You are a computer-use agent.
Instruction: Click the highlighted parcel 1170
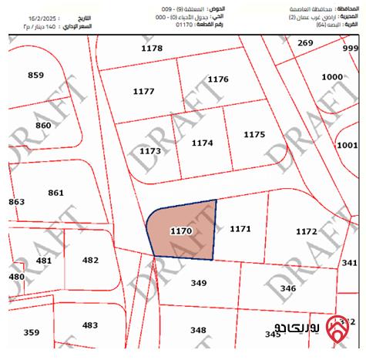tap(181, 230)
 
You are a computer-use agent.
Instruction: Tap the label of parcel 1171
tap(240, 229)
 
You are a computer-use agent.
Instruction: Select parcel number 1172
tap(307, 231)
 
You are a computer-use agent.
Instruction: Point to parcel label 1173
tap(150, 151)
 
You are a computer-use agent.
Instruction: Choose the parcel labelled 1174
tap(202, 143)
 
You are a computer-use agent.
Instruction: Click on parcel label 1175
tap(254, 134)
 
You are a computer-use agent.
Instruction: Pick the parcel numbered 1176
tap(218, 79)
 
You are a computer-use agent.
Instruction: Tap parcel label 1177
tap(144, 91)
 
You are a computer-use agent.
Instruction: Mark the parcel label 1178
tap(152, 49)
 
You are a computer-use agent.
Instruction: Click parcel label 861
tap(56, 193)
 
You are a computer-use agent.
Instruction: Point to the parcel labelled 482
tap(90, 260)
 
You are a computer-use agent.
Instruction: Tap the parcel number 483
tap(90, 325)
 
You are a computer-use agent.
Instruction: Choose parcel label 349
tap(199, 284)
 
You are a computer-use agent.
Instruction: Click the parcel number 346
tap(287, 288)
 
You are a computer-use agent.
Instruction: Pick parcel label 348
tap(199, 330)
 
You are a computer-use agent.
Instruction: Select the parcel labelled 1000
tap(332, 77)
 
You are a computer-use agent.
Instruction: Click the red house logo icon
tap(337, 326)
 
